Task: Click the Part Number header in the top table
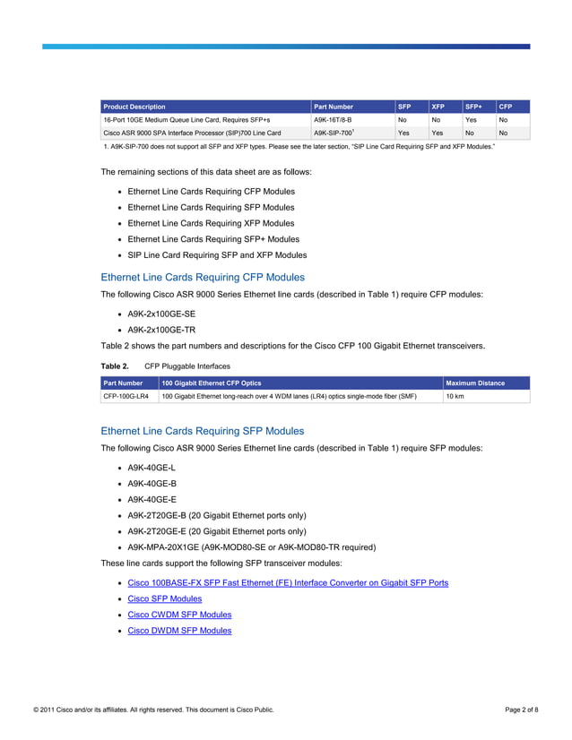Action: coord(334,107)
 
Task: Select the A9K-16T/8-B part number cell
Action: coord(333,119)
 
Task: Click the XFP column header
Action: coord(438,107)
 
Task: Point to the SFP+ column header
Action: coord(473,107)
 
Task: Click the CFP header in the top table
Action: coord(506,107)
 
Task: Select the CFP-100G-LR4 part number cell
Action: coord(126,396)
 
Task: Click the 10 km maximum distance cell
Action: coord(455,396)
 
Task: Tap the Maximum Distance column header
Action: coord(476,383)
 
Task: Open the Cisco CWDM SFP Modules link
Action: coord(179,615)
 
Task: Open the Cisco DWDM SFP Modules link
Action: coord(179,631)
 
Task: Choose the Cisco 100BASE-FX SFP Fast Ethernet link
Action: coord(288,582)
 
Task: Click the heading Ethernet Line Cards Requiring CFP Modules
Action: coord(203,278)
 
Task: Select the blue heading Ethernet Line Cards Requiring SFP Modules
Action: coord(203,431)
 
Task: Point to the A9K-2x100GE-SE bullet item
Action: coord(161,314)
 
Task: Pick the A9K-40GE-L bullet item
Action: coord(152,468)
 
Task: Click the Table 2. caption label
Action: coord(115,366)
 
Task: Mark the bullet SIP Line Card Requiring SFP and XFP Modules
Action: coord(217,255)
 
